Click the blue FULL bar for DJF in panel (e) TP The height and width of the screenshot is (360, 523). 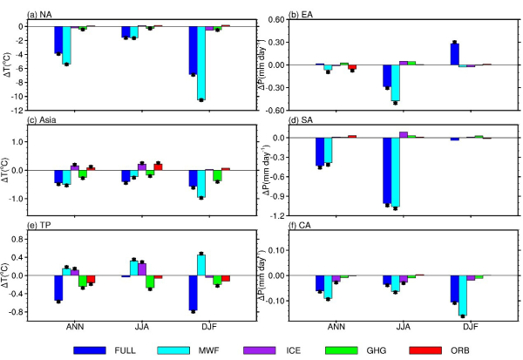(192, 293)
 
